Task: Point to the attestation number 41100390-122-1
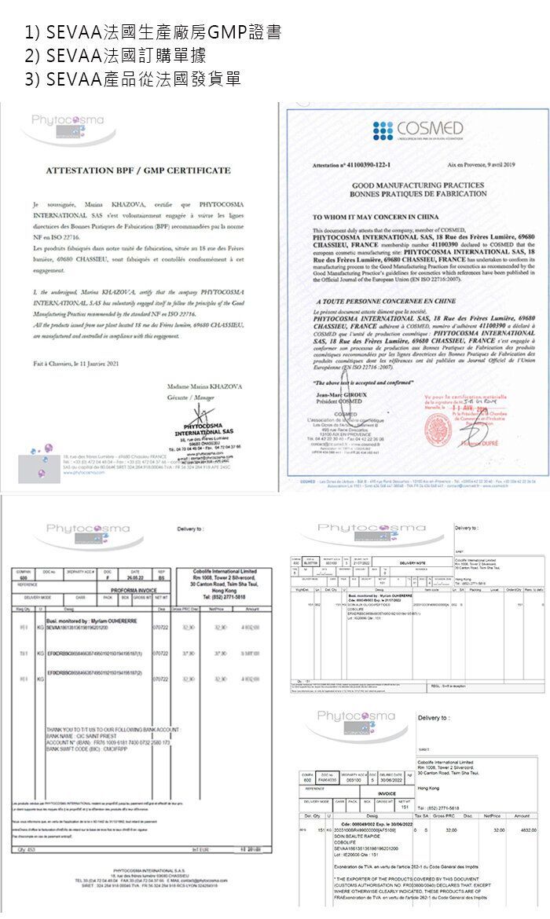pos(345,167)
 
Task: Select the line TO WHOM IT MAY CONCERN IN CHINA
pos(374,216)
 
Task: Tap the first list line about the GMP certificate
pos(152,33)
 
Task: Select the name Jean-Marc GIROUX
pos(341,395)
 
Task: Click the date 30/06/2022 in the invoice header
pos(392,778)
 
